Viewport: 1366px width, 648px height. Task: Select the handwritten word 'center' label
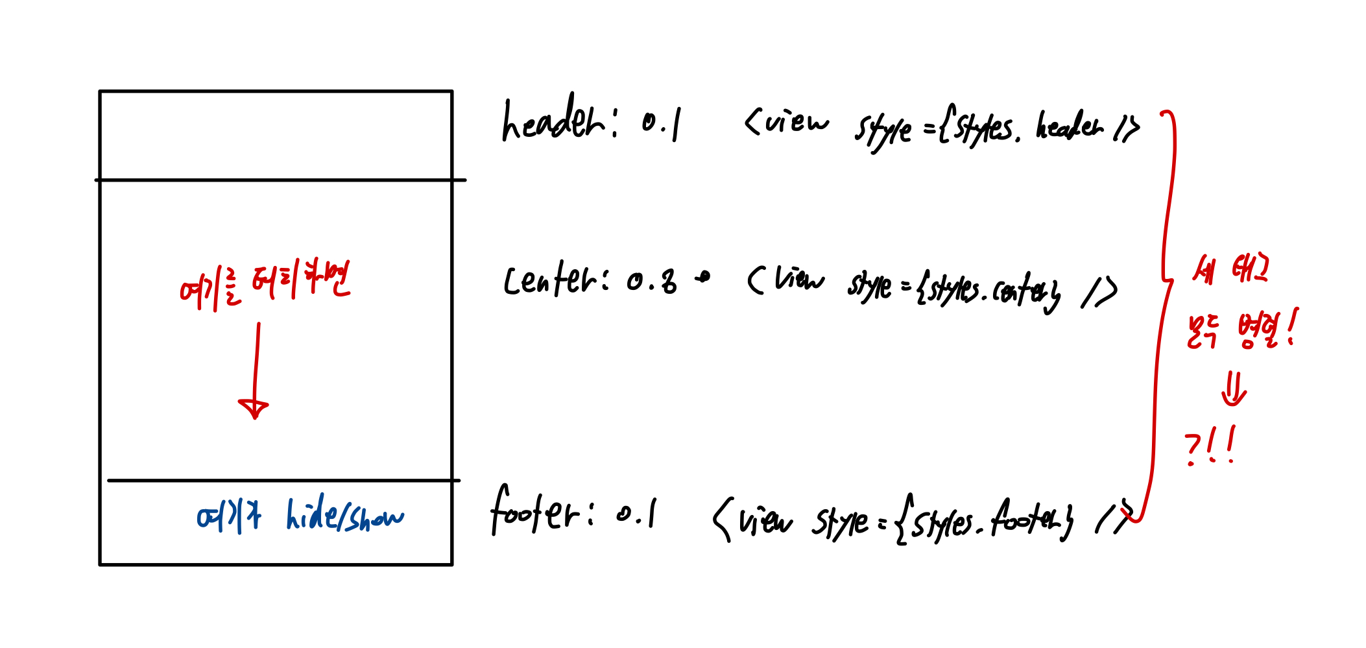click(551, 280)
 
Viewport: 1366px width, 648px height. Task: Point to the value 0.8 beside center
click(652, 282)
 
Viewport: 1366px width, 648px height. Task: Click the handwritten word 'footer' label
click(535, 512)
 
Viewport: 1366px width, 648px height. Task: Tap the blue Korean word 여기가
click(229, 517)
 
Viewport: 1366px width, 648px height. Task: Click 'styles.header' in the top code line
click(1025, 126)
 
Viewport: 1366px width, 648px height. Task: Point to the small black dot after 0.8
click(703, 278)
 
